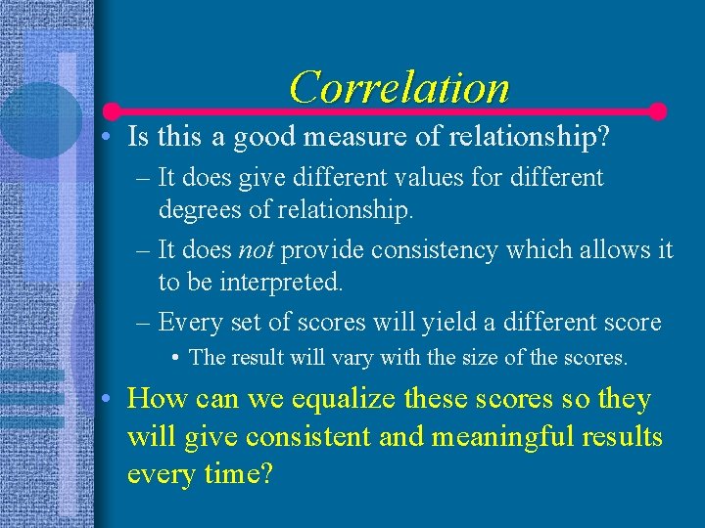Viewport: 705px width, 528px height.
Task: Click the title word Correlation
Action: pos(399,87)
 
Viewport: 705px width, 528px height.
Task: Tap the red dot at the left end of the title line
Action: pos(113,111)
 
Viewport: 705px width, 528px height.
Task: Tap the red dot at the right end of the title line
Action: pos(658,111)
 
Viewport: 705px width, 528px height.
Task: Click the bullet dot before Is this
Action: pos(110,138)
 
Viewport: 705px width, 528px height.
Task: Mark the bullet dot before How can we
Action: pos(110,400)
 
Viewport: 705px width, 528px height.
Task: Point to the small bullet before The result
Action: pos(173,358)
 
